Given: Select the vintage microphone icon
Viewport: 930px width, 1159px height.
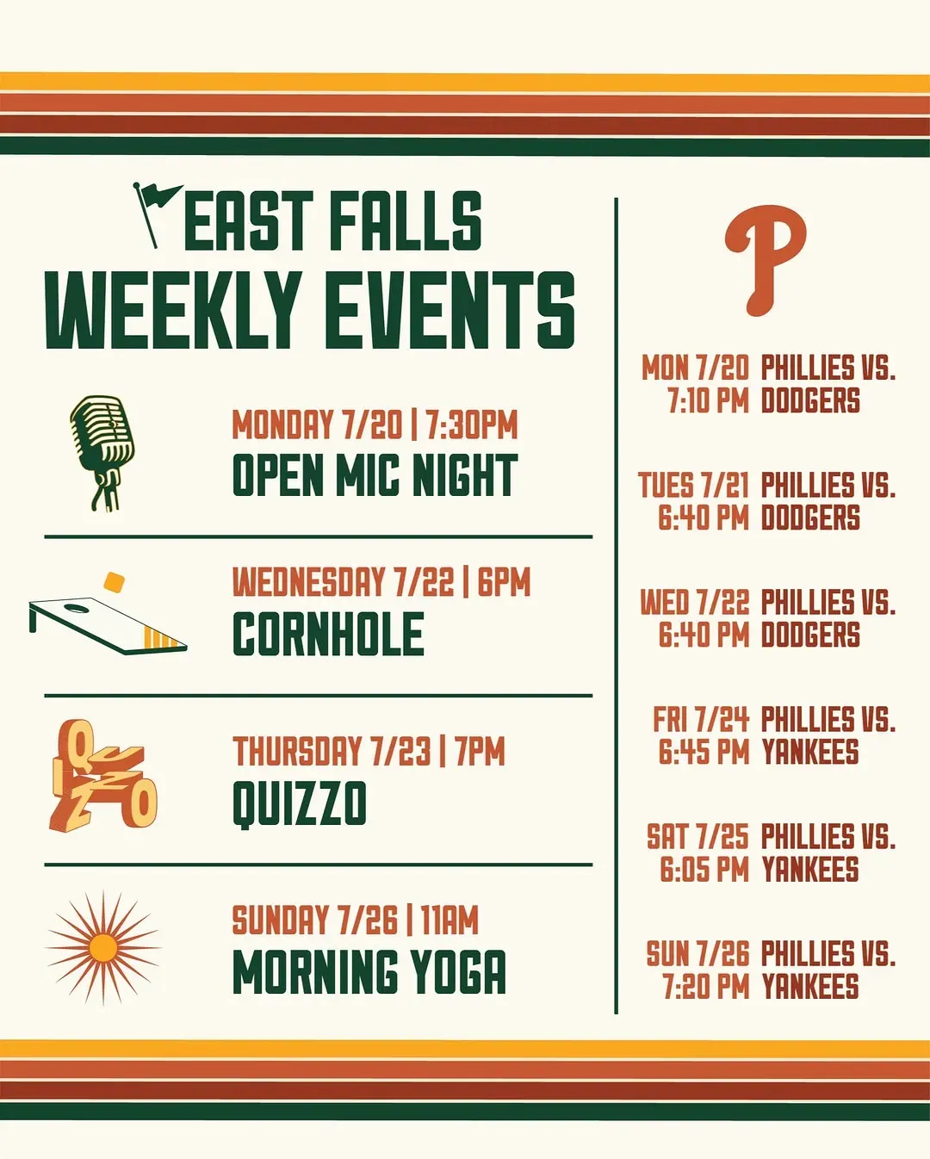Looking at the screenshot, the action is [x=102, y=452].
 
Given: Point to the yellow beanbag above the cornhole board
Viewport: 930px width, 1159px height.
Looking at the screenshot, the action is [x=115, y=582].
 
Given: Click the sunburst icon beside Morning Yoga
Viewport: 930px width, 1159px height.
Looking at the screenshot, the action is [x=102, y=948].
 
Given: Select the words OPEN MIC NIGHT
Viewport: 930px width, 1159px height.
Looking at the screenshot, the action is [x=375, y=474].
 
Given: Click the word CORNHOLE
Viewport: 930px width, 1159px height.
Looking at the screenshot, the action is [x=328, y=634].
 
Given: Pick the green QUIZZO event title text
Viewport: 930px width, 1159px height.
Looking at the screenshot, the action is [x=300, y=803].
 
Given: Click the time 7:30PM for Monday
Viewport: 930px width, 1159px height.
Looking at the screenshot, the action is [x=471, y=425].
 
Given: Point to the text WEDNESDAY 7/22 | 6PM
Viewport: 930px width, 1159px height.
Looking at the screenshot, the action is [x=381, y=582].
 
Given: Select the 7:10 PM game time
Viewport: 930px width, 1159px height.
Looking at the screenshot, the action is [x=708, y=400].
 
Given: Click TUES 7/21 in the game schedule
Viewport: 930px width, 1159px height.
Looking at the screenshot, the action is [x=693, y=485].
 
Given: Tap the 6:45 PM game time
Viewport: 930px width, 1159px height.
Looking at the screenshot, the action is [x=704, y=752].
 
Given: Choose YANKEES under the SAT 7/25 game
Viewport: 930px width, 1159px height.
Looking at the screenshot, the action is [x=810, y=869].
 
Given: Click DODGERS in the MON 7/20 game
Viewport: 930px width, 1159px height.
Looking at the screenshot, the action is [x=811, y=400].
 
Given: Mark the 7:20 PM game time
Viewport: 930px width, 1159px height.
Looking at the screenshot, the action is [x=706, y=986].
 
